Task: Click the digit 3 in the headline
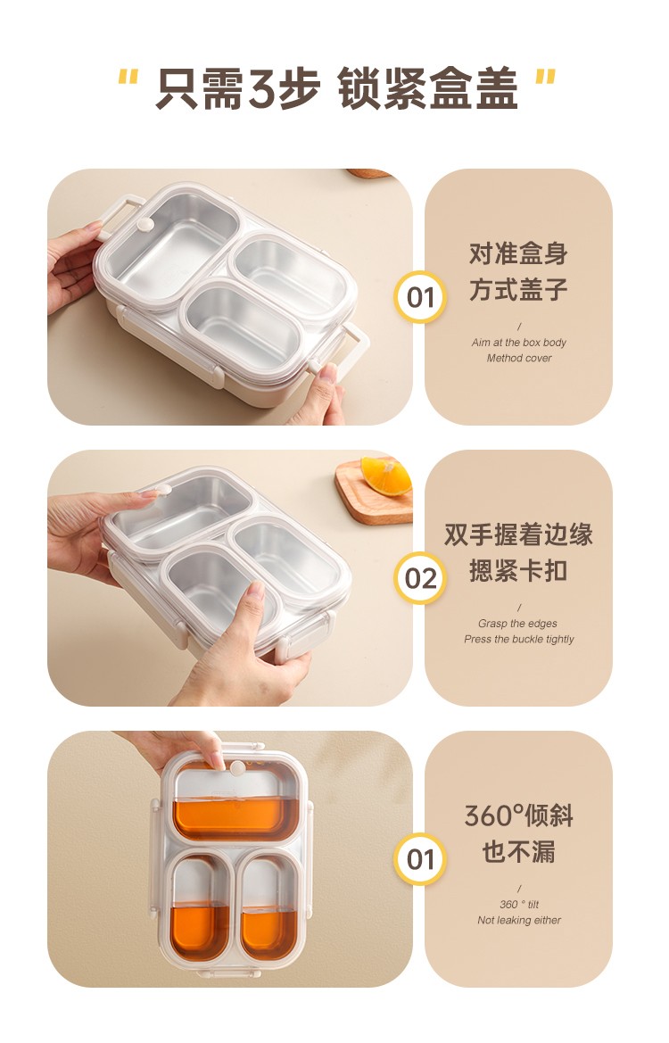pos(262,88)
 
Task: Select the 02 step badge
pos(420,578)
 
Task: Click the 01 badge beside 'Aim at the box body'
pos(420,297)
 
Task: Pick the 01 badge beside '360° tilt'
pos(420,858)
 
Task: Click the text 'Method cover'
pos(519,358)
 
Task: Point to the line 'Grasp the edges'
pos(517,624)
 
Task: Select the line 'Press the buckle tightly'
pos(519,639)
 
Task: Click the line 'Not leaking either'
pos(519,920)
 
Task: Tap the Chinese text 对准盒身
pos(519,253)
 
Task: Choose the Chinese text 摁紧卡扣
pos(519,571)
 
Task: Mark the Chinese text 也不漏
pos(519,851)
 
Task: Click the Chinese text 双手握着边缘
pos(519,534)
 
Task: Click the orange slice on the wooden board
pos(385,476)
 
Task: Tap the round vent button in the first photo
pos(145,225)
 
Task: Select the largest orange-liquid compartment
pos(236,818)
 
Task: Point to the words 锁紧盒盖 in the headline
pos(427,88)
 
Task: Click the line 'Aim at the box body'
pos(519,343)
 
